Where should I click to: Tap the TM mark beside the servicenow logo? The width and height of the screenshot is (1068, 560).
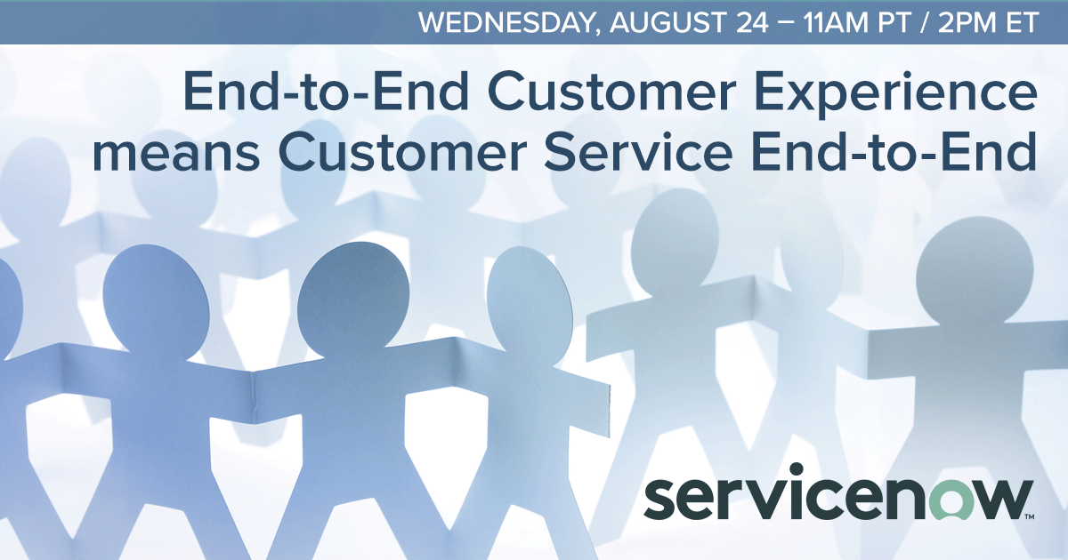coord(1028,516)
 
